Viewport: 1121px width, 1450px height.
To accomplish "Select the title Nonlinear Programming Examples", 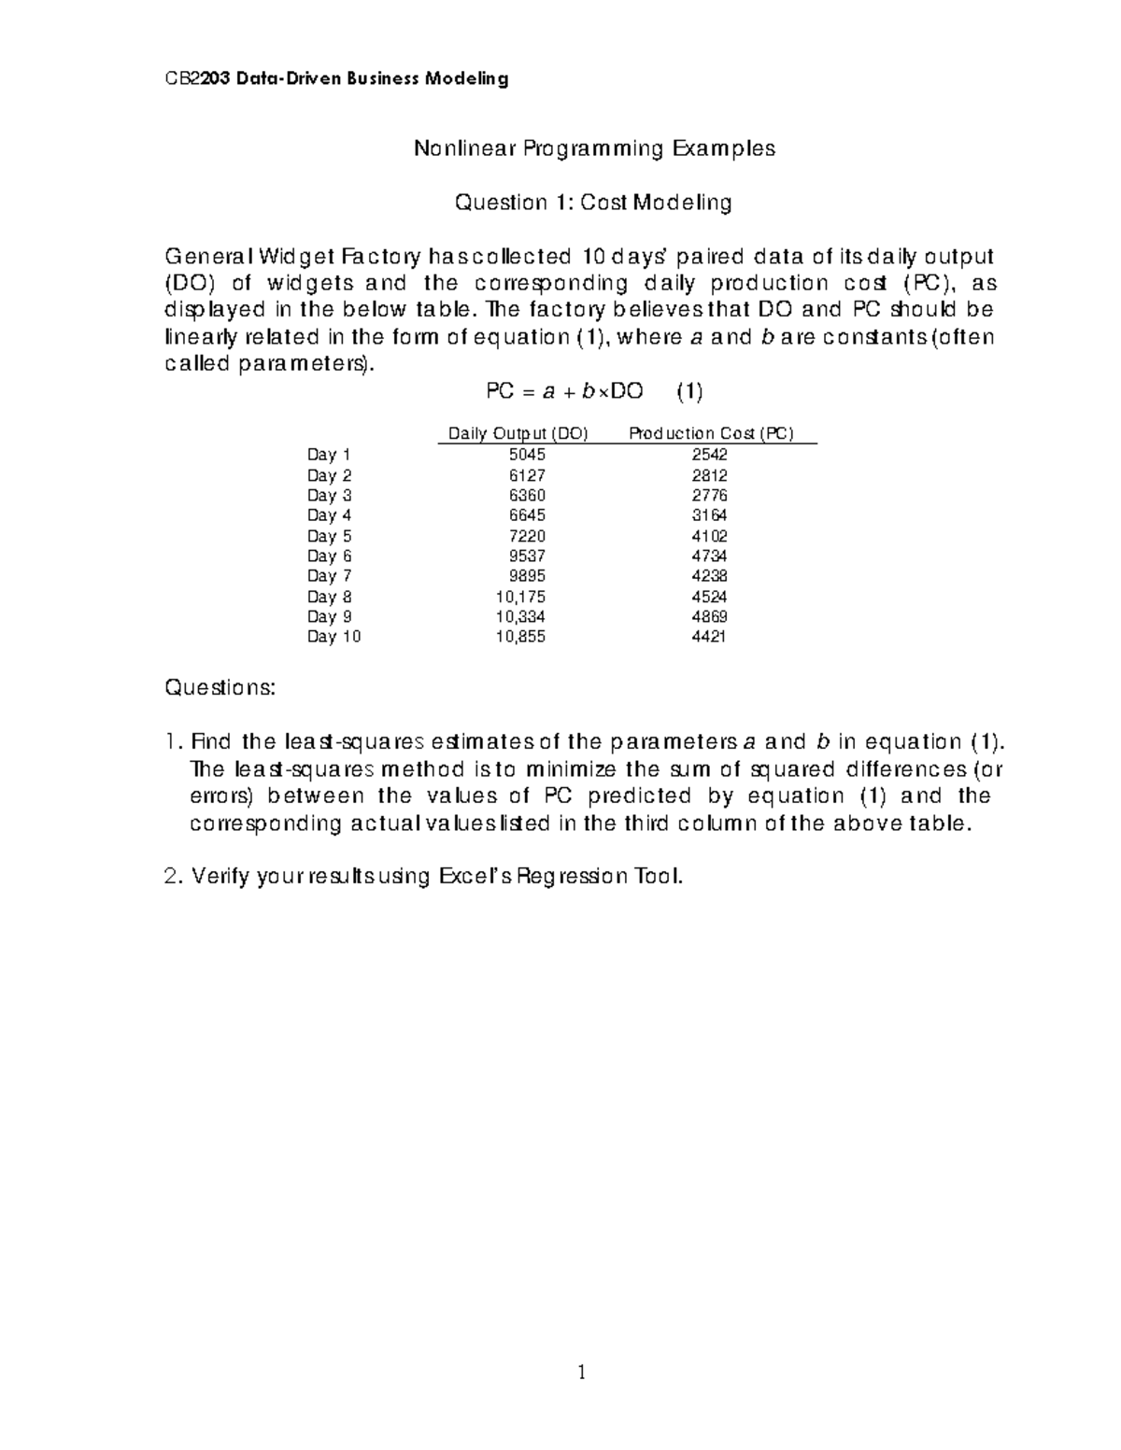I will tap(594, 148).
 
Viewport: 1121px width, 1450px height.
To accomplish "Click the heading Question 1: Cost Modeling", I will tap(592, 203).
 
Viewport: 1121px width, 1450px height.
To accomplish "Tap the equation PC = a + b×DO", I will tap(565, 392).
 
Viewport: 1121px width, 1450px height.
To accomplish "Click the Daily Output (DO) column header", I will tap(518, 433).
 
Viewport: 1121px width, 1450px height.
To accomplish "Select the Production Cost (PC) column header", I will tap(711, 433).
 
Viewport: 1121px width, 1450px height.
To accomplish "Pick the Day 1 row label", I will tap(329, 455).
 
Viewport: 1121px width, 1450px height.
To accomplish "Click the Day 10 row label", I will tap(333, 637).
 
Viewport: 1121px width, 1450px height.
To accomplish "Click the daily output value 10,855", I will tap(521, 637).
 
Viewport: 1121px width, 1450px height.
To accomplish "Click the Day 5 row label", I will tap(329, 536).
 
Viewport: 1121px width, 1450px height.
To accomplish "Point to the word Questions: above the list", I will tap(220, 689).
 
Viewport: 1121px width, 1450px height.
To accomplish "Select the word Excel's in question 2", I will tap(475, 878).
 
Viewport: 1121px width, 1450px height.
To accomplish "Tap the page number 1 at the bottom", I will tap(581, 1373).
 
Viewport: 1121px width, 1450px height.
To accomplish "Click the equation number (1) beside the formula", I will tap(689, 392).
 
